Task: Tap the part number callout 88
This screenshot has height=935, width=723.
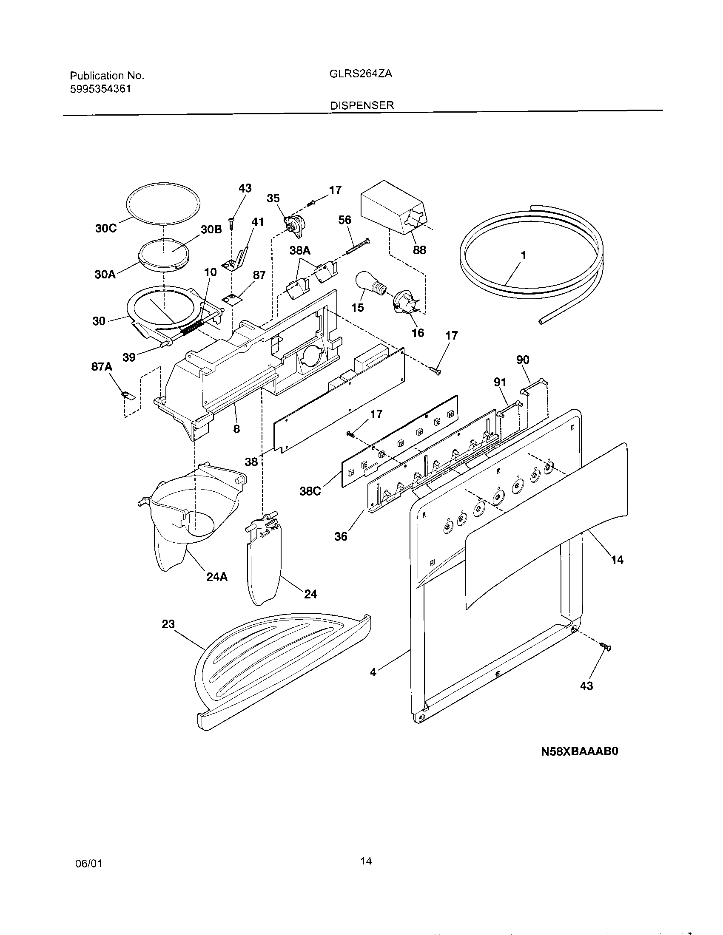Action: tap(419, 250)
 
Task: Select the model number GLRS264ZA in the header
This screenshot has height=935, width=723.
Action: tap(361, 74)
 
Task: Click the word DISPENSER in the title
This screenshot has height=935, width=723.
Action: tap(362, 105)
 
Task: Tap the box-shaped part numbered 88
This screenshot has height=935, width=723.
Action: tap(392, 210)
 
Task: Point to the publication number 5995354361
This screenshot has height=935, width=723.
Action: tap(100, 89)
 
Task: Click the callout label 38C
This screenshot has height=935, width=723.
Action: tap(310, 491)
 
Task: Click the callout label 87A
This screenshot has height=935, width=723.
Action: tap(102, 366)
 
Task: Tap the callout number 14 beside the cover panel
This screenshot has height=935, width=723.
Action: tap(617, 560)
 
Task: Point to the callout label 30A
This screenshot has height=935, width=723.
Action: tap(105, 274)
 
